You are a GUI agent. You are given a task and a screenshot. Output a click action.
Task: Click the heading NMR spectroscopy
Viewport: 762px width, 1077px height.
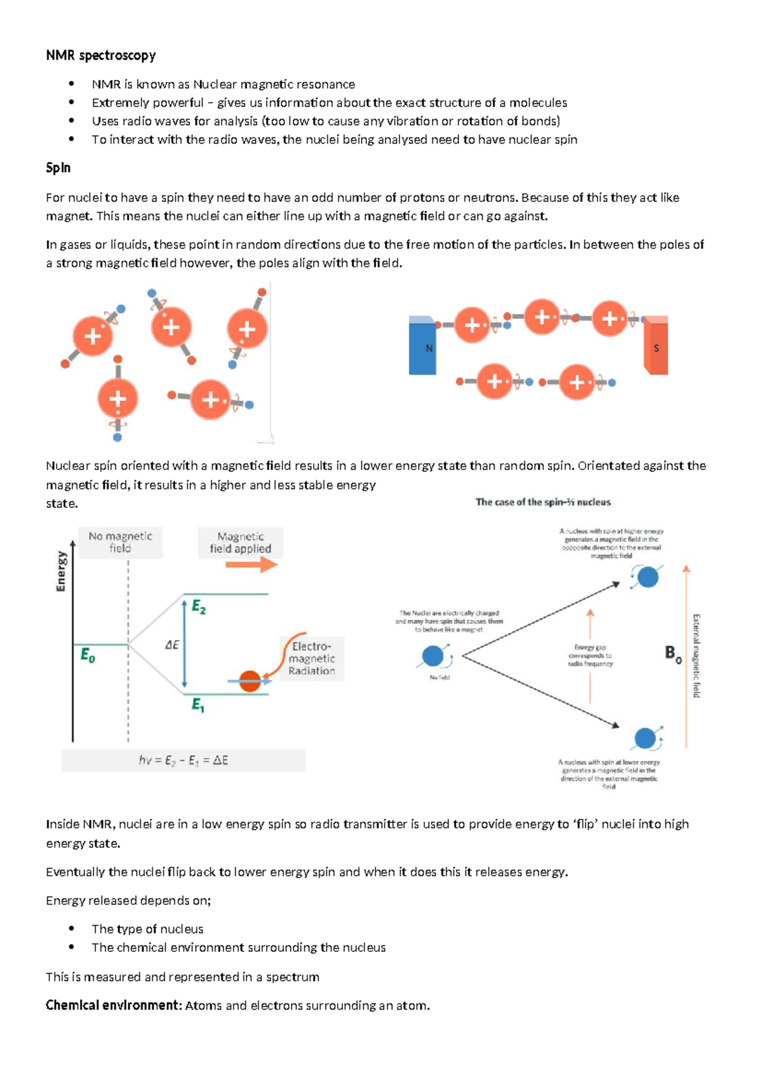click(100, 55)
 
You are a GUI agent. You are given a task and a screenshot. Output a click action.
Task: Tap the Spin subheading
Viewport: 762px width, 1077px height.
click(58, 168)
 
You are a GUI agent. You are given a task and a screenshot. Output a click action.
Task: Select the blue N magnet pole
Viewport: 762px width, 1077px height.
click(422, 347)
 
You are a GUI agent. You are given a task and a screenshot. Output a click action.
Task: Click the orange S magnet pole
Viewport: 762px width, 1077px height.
click(656, 347)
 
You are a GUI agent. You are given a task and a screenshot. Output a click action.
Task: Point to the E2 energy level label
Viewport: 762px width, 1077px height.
click(199, 607)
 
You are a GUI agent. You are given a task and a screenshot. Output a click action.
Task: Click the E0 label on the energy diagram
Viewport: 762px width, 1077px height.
click(88, 655)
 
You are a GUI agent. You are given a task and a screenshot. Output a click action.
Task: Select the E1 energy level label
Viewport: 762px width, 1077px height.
click(198, 705)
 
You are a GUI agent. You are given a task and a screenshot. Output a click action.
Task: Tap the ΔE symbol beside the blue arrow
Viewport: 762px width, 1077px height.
click(172, 645)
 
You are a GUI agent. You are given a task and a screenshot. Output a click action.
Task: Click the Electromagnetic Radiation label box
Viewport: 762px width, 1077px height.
click(312, 659)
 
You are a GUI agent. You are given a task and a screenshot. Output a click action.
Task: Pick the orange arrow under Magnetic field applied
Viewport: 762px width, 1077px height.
click(251, 565)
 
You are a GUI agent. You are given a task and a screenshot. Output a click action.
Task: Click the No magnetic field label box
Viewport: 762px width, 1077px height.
click(120, 542)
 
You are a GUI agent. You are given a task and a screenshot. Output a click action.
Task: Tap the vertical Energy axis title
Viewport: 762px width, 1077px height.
click(62, 571)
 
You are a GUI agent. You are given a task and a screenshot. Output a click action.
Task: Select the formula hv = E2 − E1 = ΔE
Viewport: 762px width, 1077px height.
click(184, 760)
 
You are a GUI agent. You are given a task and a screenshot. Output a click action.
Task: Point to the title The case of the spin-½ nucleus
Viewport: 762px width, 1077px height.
click(543, 502)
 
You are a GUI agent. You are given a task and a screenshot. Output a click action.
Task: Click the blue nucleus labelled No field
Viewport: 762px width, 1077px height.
click(433, 656)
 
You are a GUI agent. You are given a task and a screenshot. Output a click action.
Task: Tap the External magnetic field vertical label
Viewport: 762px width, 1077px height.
click(696, 655)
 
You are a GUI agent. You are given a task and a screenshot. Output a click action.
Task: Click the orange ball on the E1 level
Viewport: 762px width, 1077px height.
click(250, 681)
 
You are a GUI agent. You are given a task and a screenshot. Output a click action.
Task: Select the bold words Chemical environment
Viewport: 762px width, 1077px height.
click(113, 1005)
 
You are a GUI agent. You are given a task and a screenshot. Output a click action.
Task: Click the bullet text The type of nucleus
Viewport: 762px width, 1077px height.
click(147, 929)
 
